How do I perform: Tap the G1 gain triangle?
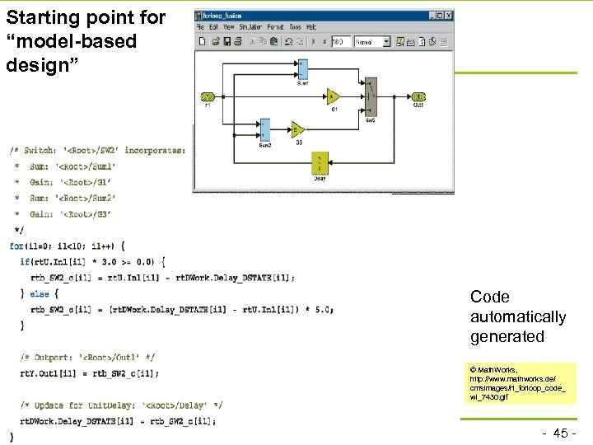(334, 96)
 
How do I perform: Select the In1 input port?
(208, 96)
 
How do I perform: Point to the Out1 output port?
(418, 96)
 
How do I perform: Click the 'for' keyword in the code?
(16, 246)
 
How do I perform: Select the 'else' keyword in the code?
(40, 293)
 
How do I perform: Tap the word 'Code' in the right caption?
(490, 297)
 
